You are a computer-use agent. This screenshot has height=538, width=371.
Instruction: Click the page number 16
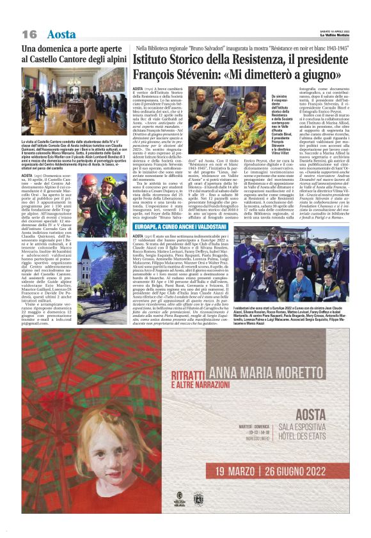pyautogui.click(x=29, y=34)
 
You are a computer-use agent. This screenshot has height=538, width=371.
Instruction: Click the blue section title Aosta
pyautogui.click(x=61, y=34)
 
